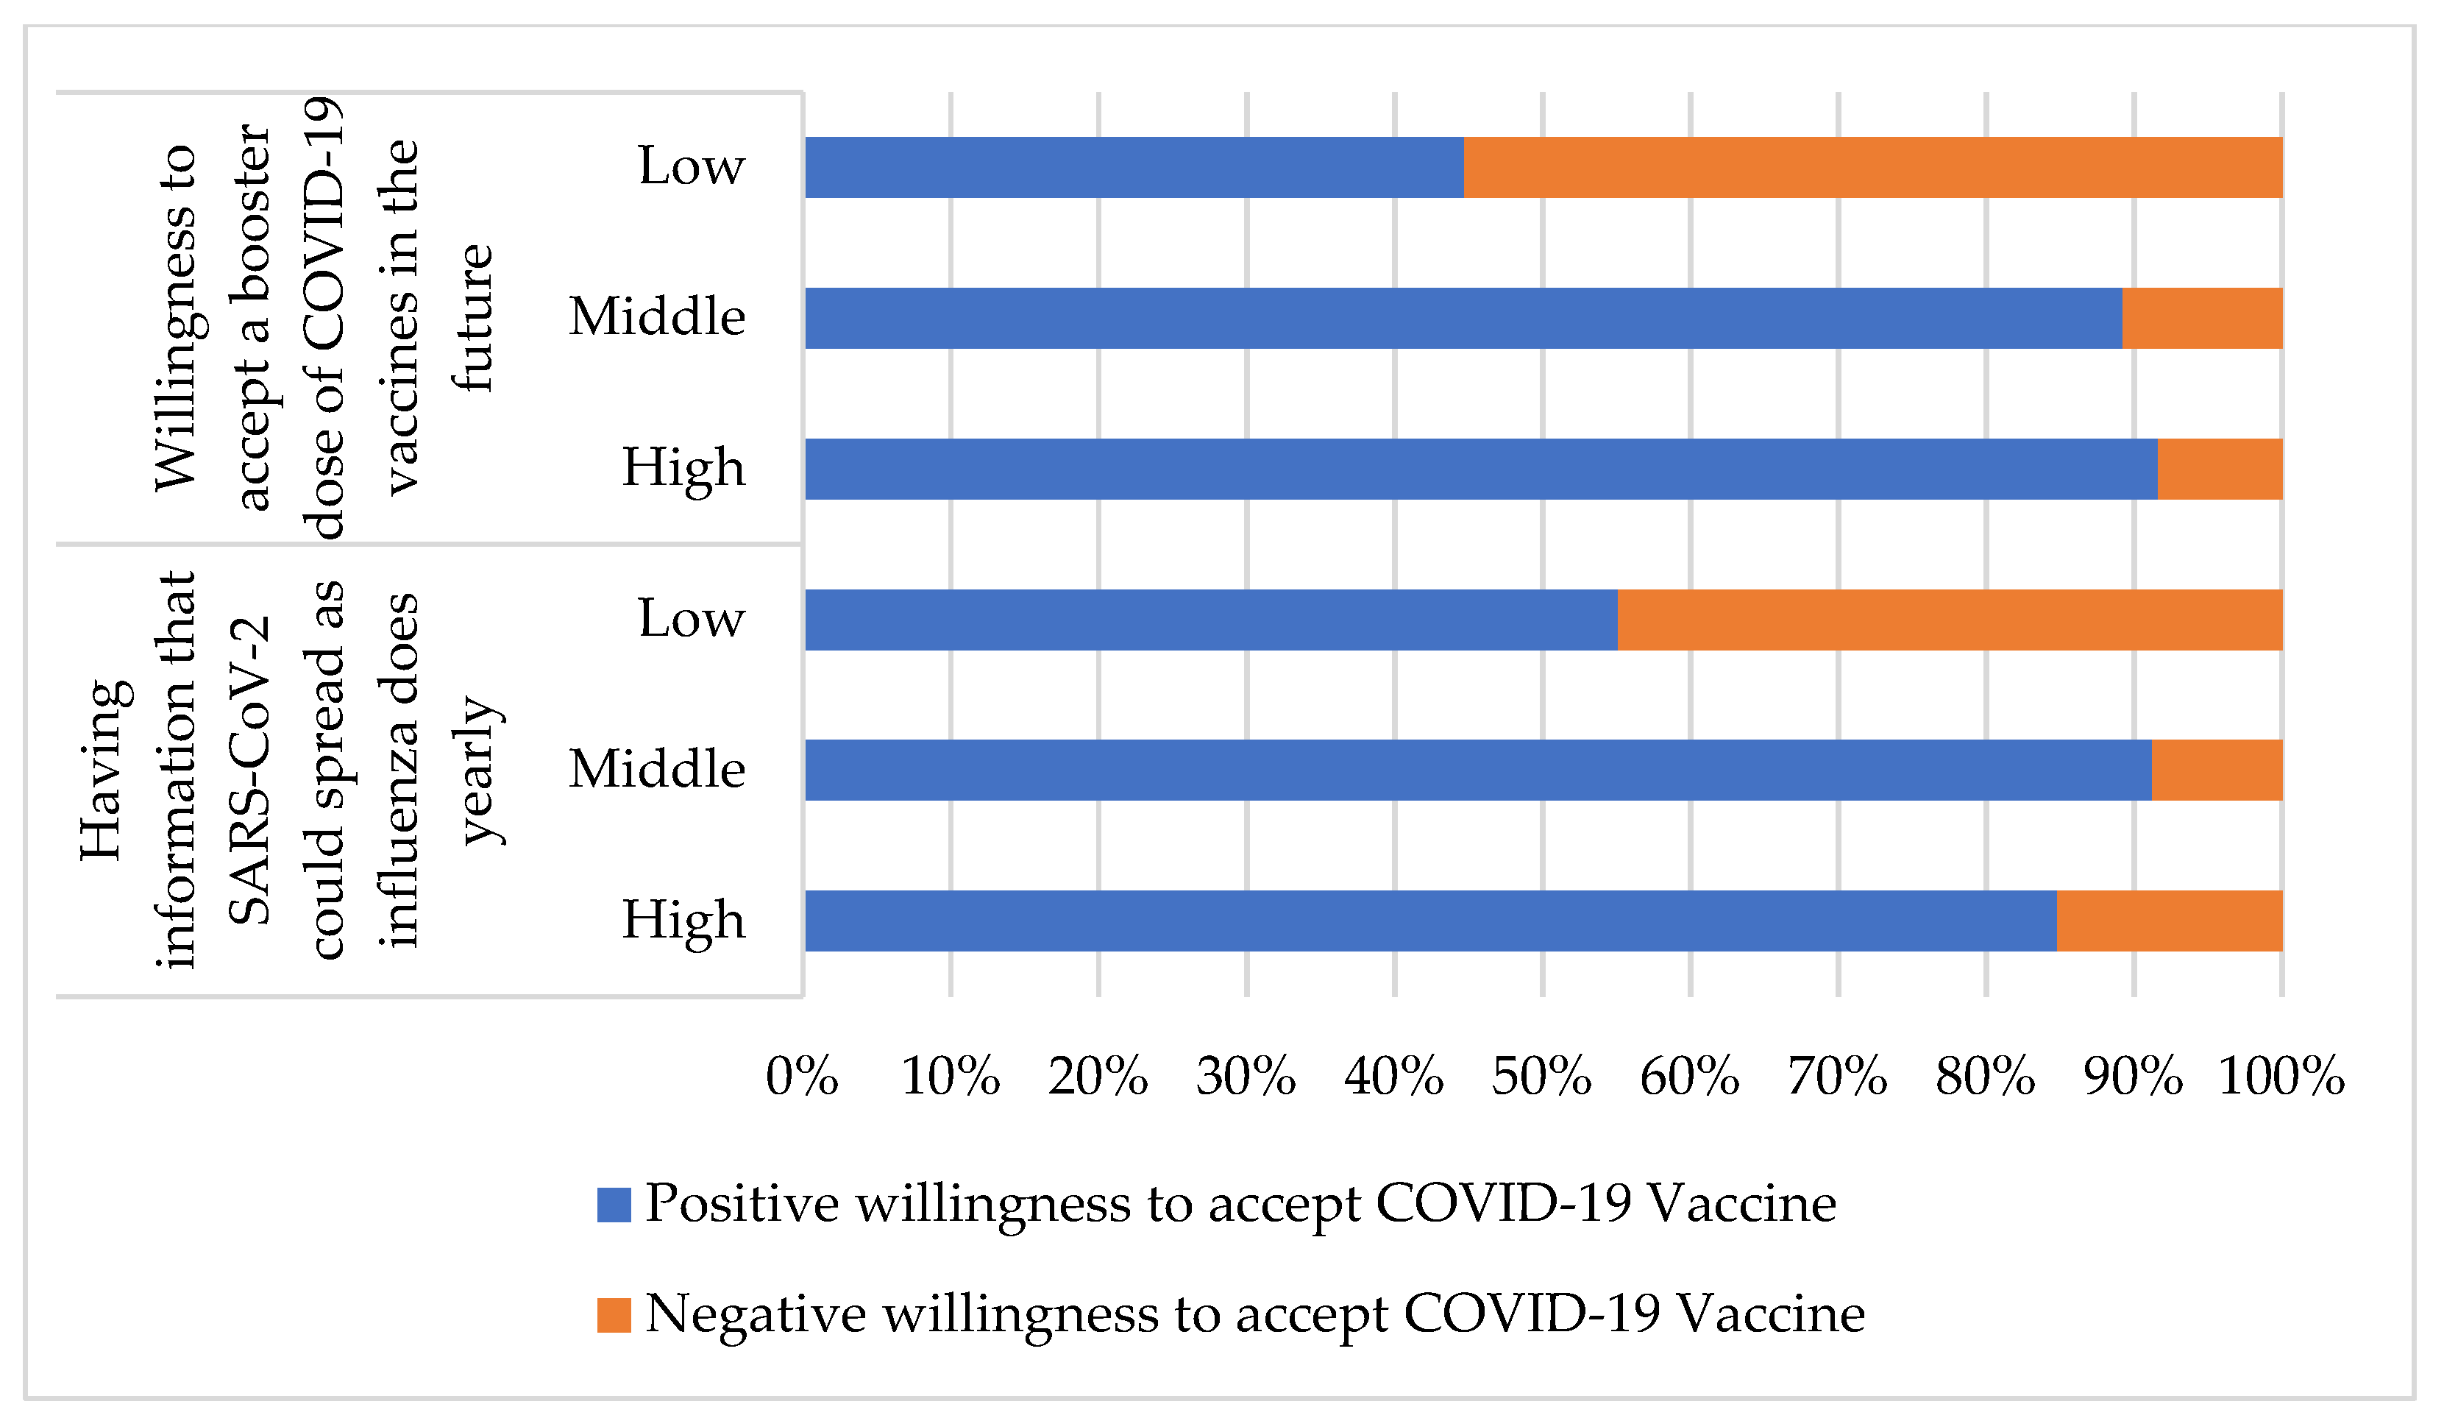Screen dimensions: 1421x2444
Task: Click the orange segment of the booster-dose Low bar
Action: pyautogui.click(x=1872, y=167)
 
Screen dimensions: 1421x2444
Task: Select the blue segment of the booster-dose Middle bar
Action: pyautogui.click(x=1463, y=318)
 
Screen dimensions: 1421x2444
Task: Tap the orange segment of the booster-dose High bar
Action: pyautogui.click(x=2219, y=469)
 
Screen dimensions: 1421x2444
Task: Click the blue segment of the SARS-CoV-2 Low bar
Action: pyautogui.click(x=1210, y=619)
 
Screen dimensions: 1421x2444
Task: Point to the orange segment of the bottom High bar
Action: pyautogui.click(x=2169, y=920)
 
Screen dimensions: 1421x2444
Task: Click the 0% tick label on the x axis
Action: pyautogui.click(x=802, y=1077)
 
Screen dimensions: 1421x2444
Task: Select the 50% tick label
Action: pyautogui.click(x=1541, y=1077)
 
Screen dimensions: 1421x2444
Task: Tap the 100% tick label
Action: pyautogui.click(x=2280, y=1077)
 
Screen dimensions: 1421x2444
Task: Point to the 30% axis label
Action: pyautogui.click(x=1246, y=1077)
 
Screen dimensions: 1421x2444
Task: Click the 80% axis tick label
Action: pyautogui.click(x=1984, y=1077)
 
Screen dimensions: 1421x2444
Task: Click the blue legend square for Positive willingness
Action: pyautogui.click(x=614, y=1205)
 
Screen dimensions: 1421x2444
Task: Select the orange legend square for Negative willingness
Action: pyautogui.click(x=614, y=1315)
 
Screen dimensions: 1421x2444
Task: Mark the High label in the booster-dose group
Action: pyautogui.click(x=683, y=469)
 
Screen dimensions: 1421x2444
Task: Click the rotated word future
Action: pyautogui.click(x=473, y=318)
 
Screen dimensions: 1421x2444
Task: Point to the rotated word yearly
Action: pyautogui.click(x=479, y=770)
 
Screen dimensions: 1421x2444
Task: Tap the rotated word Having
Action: pyautogui.click(x=102, y=770)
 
